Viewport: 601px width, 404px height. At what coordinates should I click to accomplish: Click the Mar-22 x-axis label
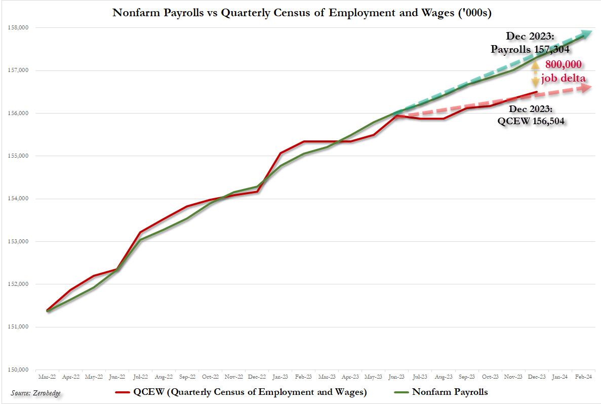tap(47, 377)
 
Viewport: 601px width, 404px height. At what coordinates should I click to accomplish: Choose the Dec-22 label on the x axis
tap(257, 377)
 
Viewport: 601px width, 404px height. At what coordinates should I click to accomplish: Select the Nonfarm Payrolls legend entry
tap(442, 392)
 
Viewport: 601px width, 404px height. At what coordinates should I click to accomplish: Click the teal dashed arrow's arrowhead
tap(585, 34)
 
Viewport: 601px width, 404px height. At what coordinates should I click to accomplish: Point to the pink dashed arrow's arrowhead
tap(585, 88)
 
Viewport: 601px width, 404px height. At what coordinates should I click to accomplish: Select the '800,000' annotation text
tap(563, 65)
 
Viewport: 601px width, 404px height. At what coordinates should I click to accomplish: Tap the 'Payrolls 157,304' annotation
tap(530, 49)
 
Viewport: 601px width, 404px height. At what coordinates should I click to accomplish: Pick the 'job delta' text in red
tap(563, 78)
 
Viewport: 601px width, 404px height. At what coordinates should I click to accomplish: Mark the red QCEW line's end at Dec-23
tap(537, 92)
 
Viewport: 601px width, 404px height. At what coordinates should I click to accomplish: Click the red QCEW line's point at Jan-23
tap(281, 153)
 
